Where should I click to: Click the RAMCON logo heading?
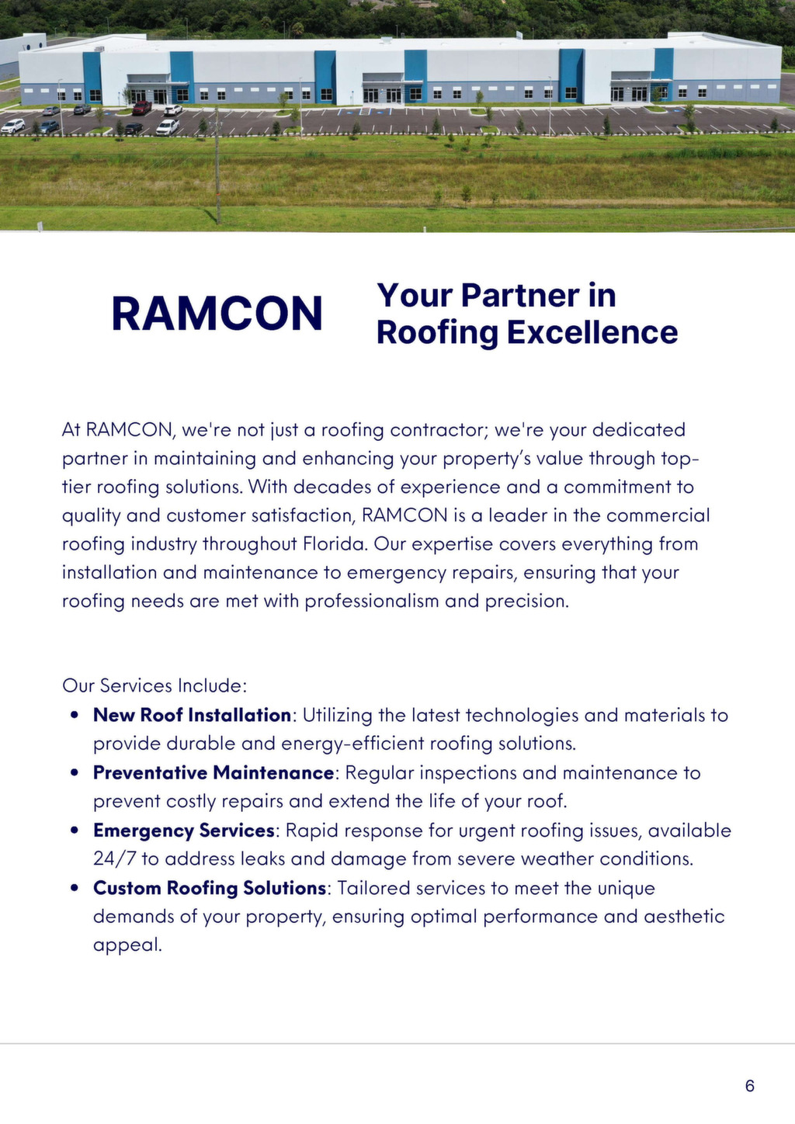(217, 314)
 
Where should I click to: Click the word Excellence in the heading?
(592, 332)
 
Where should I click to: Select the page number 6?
(749, 1085)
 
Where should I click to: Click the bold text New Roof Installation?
(192, 715)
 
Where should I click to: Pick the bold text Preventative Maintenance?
(214, 772)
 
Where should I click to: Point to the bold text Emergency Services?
(184, 830)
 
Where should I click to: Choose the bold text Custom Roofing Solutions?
(210, 887)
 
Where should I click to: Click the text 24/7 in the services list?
(114, 859)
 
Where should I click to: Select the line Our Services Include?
(154, 685)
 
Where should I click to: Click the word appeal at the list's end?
(127, 945)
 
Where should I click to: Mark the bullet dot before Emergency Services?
(75, 830)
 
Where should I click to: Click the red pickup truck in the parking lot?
(141, 108)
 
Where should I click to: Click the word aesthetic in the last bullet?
(684, 916)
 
